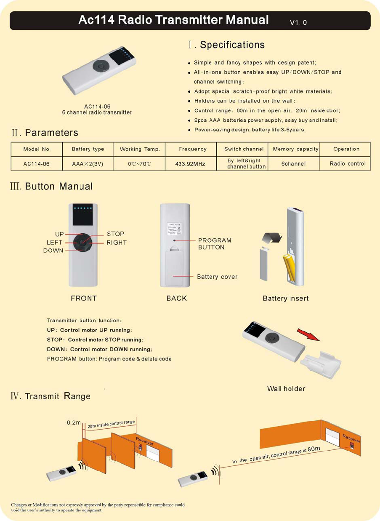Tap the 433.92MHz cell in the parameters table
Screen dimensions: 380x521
[190, 163]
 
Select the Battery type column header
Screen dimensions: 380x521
[88, 149]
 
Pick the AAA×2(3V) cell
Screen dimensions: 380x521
[88, 163]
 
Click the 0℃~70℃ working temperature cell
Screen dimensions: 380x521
[139, 163]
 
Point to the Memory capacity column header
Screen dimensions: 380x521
[295, 149]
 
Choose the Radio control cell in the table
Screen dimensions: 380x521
[348, 163]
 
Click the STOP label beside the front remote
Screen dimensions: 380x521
[115, 234]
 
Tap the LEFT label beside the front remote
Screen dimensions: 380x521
[54, 242]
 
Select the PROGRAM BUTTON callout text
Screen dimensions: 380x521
[215, 244]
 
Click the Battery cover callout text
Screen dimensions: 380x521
[217, 277]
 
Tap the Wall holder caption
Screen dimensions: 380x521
[286, 388]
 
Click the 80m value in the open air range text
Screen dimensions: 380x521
[314, 448]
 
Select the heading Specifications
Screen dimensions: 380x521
[232, 45]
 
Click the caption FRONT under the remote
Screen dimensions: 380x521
[84, 298]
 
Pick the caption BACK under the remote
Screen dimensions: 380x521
[177, 298]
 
